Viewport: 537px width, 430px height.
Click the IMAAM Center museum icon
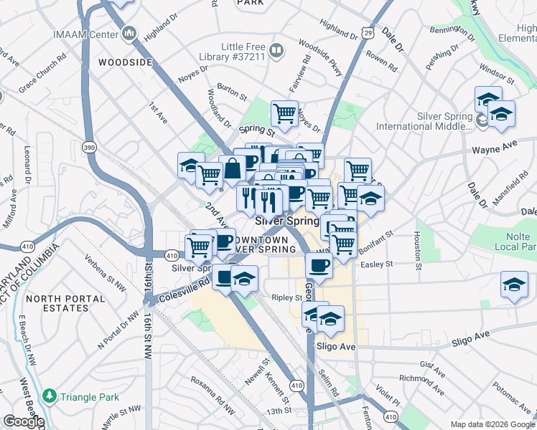[x=130, y=33]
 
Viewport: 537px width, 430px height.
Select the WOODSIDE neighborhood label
[x=125, y=62]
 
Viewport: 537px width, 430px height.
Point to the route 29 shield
[x=368, y=32]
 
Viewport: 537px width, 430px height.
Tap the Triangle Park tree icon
[x=49, y=396]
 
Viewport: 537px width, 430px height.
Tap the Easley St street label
[x=378, y=264]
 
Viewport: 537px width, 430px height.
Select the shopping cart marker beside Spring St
[x=284, y=113]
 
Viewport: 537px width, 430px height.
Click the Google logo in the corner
[x=23, y=421]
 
